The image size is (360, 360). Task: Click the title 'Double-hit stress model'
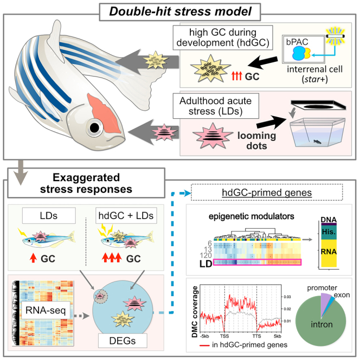[180, 11]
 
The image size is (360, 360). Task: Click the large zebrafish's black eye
[94, 127]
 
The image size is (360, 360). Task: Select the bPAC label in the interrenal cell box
[297, 42]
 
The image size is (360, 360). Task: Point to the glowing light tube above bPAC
[336, 36]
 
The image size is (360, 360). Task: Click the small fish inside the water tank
[317, 142]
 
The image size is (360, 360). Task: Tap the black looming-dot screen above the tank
[318, 105]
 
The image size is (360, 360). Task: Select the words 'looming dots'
[256, 140]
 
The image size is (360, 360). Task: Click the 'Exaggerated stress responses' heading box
[86, 183]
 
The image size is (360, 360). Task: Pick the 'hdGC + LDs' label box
[126, 216]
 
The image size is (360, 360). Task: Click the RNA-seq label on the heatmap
[46, 310]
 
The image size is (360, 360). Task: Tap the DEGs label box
[123, 340]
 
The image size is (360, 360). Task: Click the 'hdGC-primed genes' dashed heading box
[267, 192]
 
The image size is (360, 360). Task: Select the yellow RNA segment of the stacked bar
[329, 253]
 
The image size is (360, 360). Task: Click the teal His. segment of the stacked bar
[329, 233]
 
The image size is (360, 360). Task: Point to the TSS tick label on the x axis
[224, 336]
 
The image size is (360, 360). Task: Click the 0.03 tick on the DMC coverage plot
[287, 297]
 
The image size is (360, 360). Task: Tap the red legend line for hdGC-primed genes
[204, 345]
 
